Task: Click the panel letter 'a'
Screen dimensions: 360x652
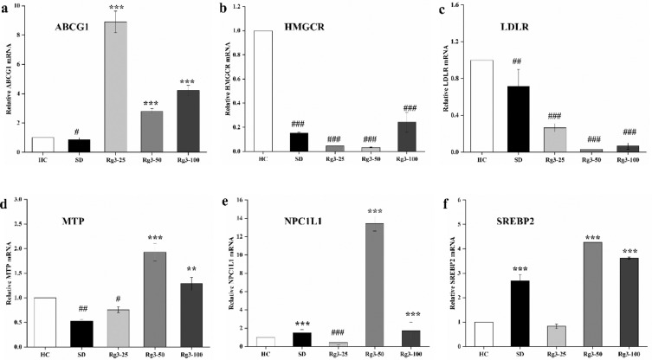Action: click(6, 6)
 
